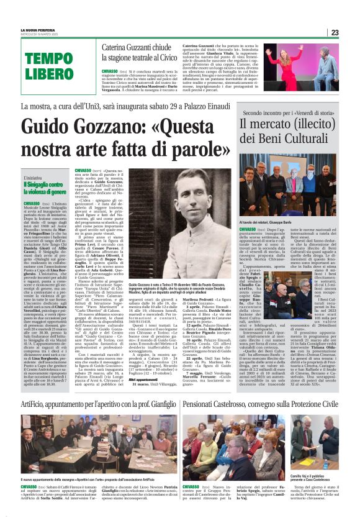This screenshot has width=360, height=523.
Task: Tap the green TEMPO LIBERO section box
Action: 49,67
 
